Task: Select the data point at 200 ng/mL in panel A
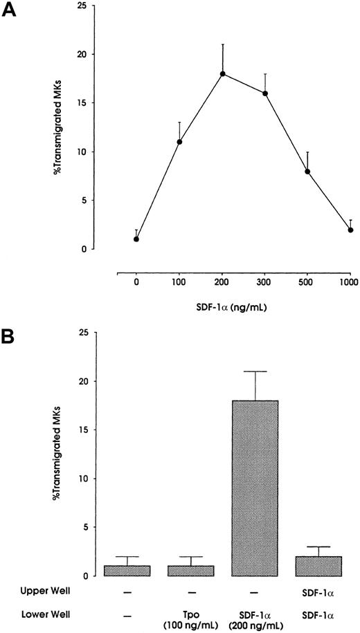coord(223,73)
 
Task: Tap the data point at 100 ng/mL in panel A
coord(180,142)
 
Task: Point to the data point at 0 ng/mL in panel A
coord(136,239)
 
